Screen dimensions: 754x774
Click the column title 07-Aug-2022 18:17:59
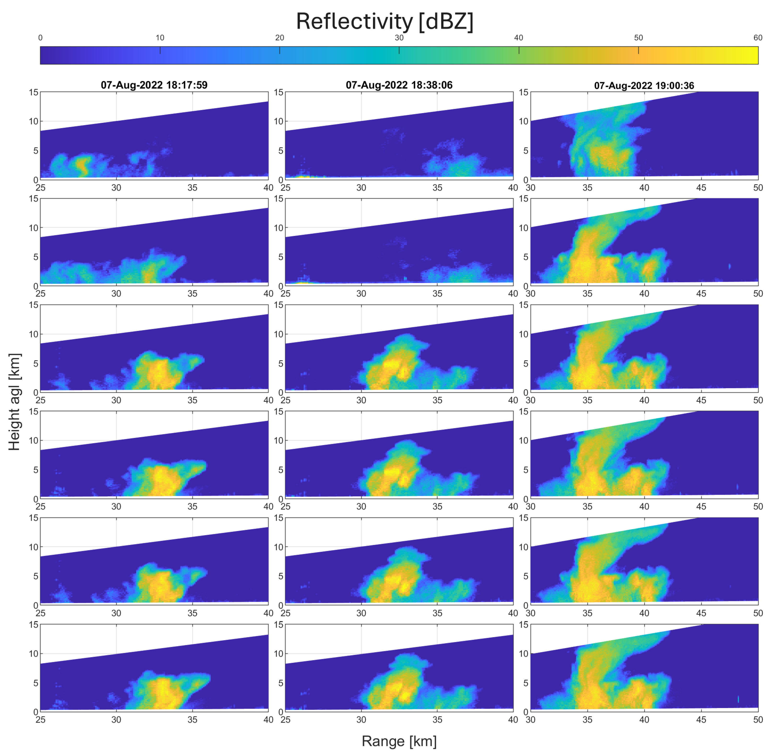click(154, 85)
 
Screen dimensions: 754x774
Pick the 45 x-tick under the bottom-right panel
click(701, 720)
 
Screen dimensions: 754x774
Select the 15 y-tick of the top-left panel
click(34, 92)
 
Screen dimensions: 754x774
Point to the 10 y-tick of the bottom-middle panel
click(279, 654)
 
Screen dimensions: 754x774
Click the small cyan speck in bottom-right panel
click(738, 699)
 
